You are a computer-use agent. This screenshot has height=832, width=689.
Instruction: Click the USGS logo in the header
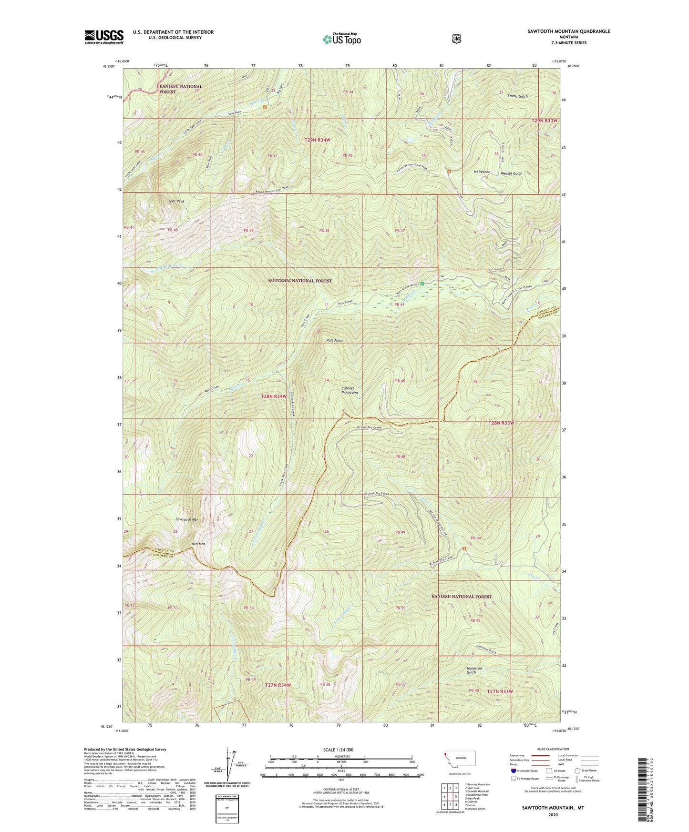tap(104, 37)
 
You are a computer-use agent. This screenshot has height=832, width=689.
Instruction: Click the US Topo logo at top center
tap(341, 39)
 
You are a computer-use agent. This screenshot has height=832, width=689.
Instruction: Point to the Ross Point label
tap(334, 341)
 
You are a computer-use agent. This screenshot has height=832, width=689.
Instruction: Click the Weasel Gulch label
tap(512, 173)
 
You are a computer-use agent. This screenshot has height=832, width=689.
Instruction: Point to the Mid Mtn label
tap(198, 544)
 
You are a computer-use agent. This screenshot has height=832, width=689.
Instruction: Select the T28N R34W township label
tap(274, 396)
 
